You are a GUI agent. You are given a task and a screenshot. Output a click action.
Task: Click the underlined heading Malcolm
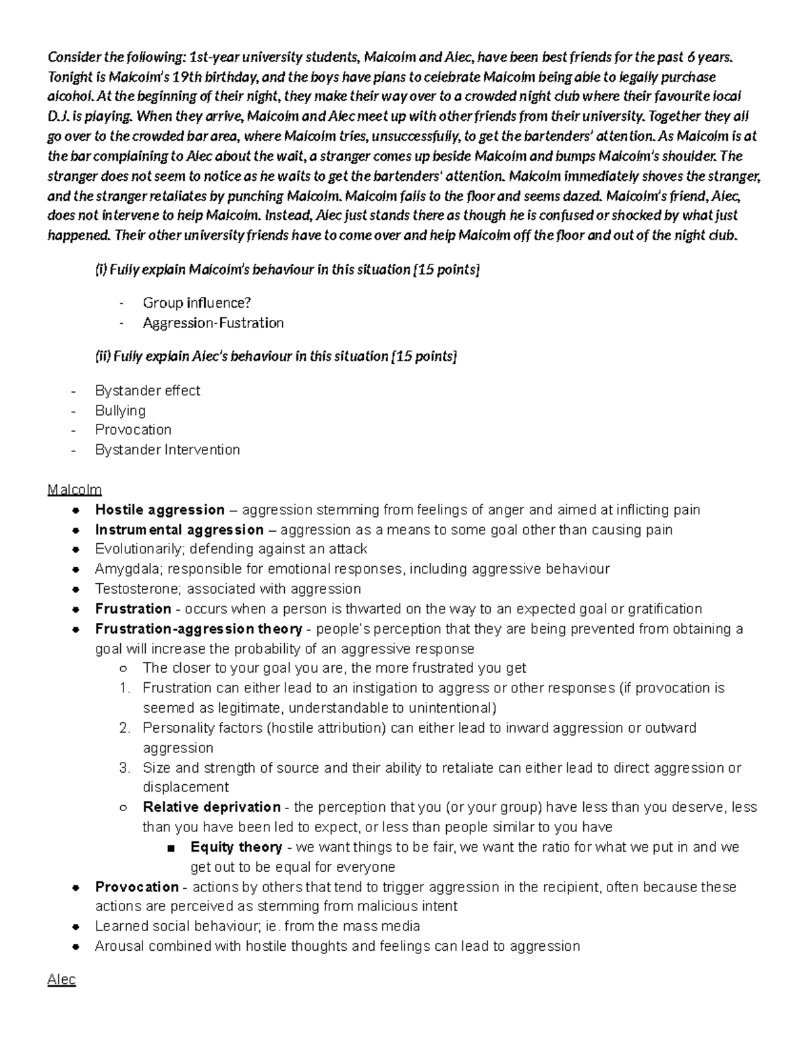click(x=74, y=489)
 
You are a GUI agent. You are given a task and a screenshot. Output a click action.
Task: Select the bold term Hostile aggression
click(x=160, y=509)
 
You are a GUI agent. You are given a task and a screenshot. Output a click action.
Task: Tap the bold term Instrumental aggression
click(x=179, y=530)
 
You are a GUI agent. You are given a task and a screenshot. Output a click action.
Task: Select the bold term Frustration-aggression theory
click(x=198, y=629)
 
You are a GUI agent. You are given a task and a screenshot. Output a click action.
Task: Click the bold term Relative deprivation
click(x=211, y=807)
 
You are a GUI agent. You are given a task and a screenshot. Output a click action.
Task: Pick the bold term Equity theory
click(x=236, y=847)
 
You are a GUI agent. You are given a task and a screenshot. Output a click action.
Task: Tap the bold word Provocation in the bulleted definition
click(x=137, y=887)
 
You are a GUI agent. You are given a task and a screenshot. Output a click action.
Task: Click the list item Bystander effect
click(x=147, y=391)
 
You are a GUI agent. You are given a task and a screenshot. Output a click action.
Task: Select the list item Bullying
click(x=120, y=410)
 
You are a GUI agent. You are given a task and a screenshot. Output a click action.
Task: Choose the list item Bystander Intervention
click(x=167, y=449)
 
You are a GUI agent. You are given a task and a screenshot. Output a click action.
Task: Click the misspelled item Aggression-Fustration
click(x=213, y=323)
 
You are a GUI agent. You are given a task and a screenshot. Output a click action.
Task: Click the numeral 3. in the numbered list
click(x=124, y=767)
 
